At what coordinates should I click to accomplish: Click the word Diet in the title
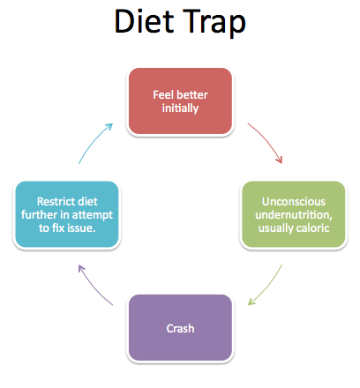tap(144, 21)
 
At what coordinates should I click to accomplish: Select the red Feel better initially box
tap(180, 101)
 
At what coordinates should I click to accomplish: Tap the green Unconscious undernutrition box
tap(294, 214)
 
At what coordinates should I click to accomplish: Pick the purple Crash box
tap(180, 328)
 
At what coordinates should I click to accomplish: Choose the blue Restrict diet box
tap(67, 214)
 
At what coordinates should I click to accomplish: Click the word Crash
tap(180, 328)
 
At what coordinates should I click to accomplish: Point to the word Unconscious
tap(294, 202)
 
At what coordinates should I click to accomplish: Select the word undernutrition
tap(294, 215)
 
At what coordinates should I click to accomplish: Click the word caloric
tap(313, 228)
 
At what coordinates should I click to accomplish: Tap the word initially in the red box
tap(180, 108)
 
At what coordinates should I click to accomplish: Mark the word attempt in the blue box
tap(92, 215)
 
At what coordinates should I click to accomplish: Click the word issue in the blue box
tap(83, 228)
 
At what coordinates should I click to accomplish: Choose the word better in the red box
tap(193, 95)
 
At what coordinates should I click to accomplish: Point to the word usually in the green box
tap(276, 228)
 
